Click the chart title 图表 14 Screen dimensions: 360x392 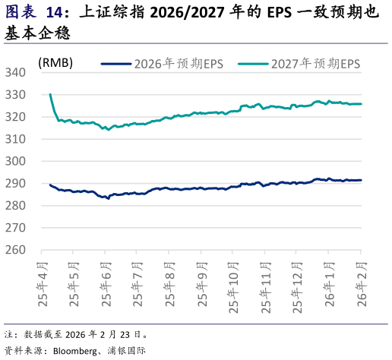click(33, 13)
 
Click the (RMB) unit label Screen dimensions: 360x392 click(55, 63)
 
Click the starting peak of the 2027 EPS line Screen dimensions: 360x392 click(50, 94)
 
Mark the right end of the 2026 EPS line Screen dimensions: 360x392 click(361, 180)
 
